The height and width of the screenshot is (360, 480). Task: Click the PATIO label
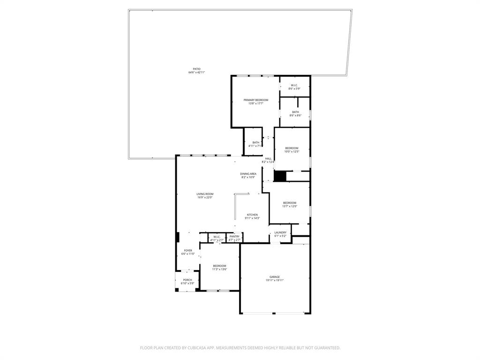point(196,69)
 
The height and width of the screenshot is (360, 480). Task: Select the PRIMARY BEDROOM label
point(255,100)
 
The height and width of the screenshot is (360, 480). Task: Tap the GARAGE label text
point(274,277)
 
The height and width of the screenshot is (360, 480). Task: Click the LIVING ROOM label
point(205,194)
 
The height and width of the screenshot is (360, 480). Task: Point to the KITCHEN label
point(253,215)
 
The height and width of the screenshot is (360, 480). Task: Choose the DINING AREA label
point(248,174)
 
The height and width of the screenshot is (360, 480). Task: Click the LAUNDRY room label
point(280,232)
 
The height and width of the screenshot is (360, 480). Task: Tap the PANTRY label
point(234,237)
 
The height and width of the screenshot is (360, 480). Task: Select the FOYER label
point(188,251)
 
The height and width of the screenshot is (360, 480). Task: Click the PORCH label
point(187,280)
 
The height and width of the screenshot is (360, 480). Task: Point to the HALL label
point(268,159)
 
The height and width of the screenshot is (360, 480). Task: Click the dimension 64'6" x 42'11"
point(196,73)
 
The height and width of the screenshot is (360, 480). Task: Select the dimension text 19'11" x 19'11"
point(274,280)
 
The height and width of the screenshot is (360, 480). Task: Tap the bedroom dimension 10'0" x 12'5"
point(292,151)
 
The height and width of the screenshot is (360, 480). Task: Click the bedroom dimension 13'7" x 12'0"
point(289,206)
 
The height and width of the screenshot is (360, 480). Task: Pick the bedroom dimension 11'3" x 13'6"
point(219,269)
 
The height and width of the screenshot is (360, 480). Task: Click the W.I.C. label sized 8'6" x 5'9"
point(294,85)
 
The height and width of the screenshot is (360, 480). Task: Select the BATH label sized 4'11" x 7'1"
point(255,142)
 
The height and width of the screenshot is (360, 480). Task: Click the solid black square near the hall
point(280,176)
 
